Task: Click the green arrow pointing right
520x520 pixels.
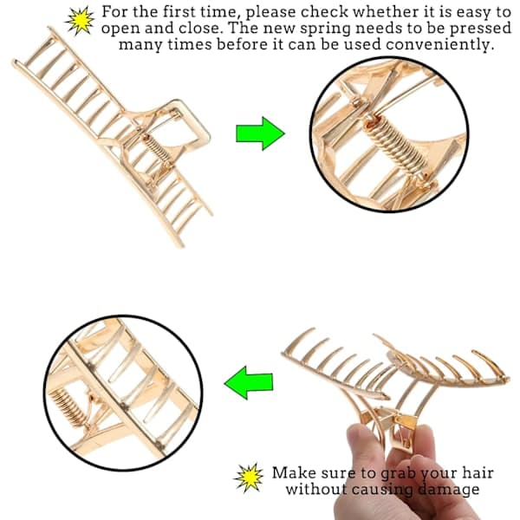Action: [260, 133]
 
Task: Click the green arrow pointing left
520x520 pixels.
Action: [249, 383]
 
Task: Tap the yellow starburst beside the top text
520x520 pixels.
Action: [80, 21]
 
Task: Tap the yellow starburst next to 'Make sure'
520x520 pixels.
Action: [249, 478]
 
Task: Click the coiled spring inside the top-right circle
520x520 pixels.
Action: [397, 146]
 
